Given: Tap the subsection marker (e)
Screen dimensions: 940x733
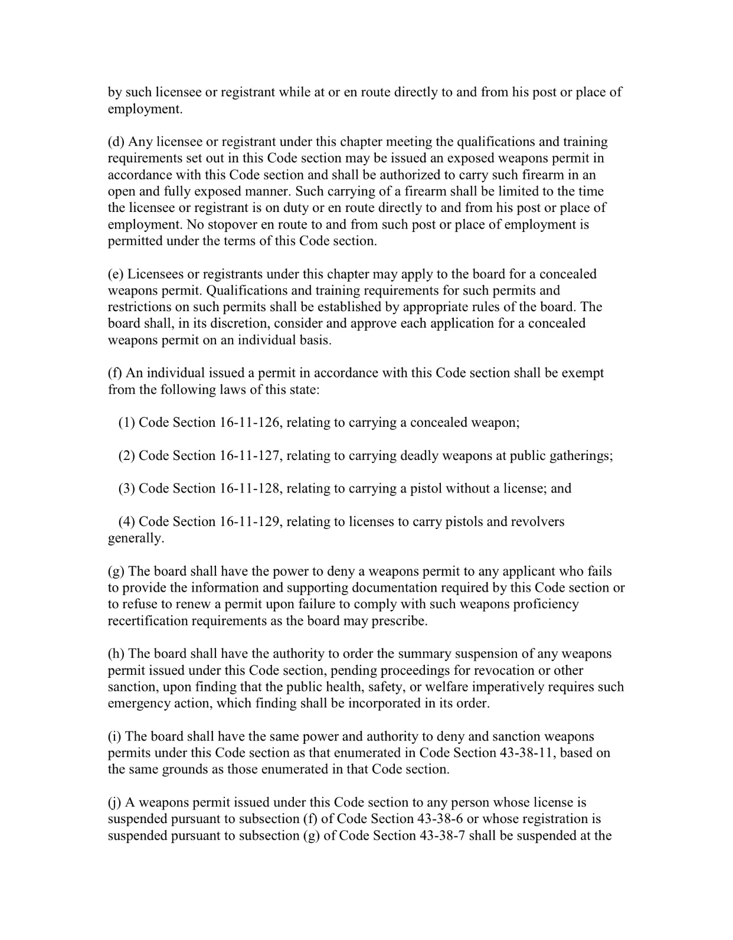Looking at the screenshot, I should (x=116, y=274).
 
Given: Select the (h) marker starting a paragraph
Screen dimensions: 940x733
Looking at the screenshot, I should (x=116, y=654).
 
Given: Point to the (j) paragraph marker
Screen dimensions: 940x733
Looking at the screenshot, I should (x=114, y=803).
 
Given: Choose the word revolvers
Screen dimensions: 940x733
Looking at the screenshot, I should (x=538, y=522).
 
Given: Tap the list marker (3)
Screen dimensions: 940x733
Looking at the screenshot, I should (x=127, y=489).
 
